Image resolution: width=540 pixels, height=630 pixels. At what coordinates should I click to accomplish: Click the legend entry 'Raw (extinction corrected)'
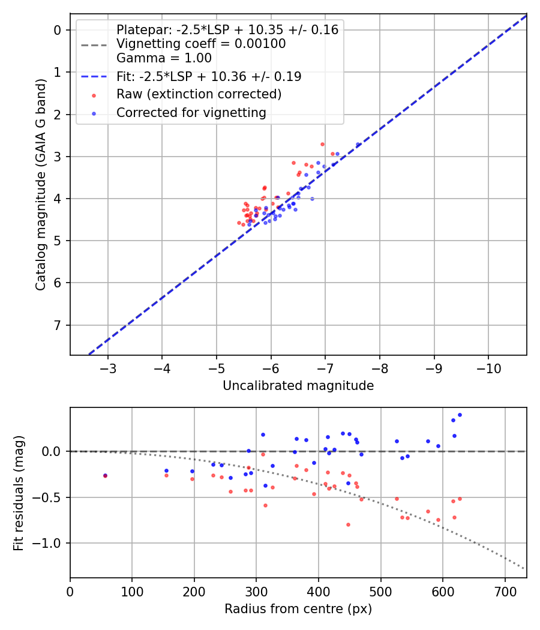(199, 94)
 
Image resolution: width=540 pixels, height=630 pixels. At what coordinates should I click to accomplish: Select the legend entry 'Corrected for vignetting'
(191, 112)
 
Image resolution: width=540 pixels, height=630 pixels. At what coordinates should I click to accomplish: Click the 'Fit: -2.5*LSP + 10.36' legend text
(209, 77)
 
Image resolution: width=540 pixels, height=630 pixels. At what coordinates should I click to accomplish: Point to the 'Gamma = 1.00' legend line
(164, 58)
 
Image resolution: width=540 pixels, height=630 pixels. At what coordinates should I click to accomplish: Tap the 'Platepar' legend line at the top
(227, 30)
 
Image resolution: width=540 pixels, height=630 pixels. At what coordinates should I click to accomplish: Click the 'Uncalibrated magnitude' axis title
(298, 386)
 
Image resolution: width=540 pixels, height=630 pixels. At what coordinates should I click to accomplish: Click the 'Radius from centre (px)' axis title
(298, 609)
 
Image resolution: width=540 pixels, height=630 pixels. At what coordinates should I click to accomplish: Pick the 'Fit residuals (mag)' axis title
(19, 493)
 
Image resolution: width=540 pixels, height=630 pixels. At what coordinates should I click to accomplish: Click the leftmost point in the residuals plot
(106, 476)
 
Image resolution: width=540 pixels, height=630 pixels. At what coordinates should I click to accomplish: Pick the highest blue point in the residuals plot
(460, 415)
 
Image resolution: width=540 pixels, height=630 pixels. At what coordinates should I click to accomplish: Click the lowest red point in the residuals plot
(348, 524)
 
